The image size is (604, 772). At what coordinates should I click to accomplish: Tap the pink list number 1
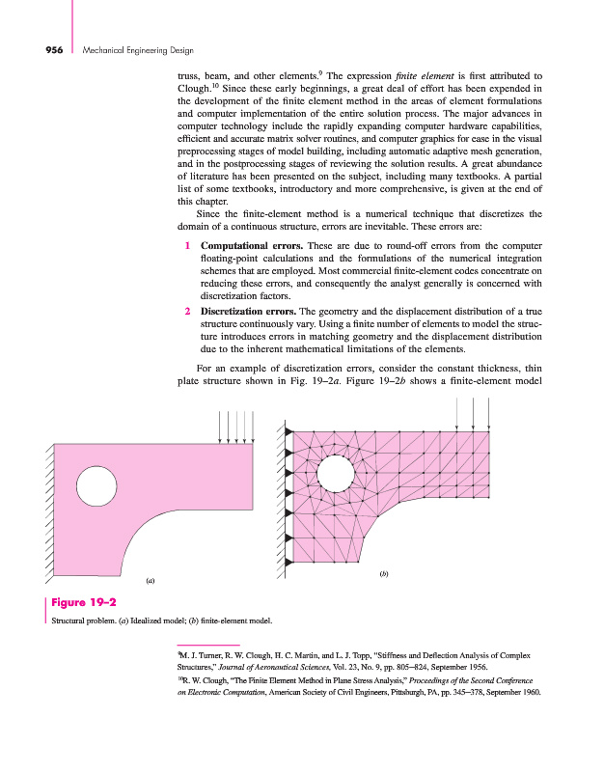[x=187, y=247]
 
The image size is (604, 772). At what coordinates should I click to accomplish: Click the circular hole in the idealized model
[x=95, y=482]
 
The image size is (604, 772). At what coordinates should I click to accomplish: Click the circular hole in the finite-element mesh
[x=335, y=473]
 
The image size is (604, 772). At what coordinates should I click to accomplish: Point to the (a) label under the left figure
[x=150, y=581]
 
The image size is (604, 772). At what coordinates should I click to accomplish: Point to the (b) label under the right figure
[x=384, y=574]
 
